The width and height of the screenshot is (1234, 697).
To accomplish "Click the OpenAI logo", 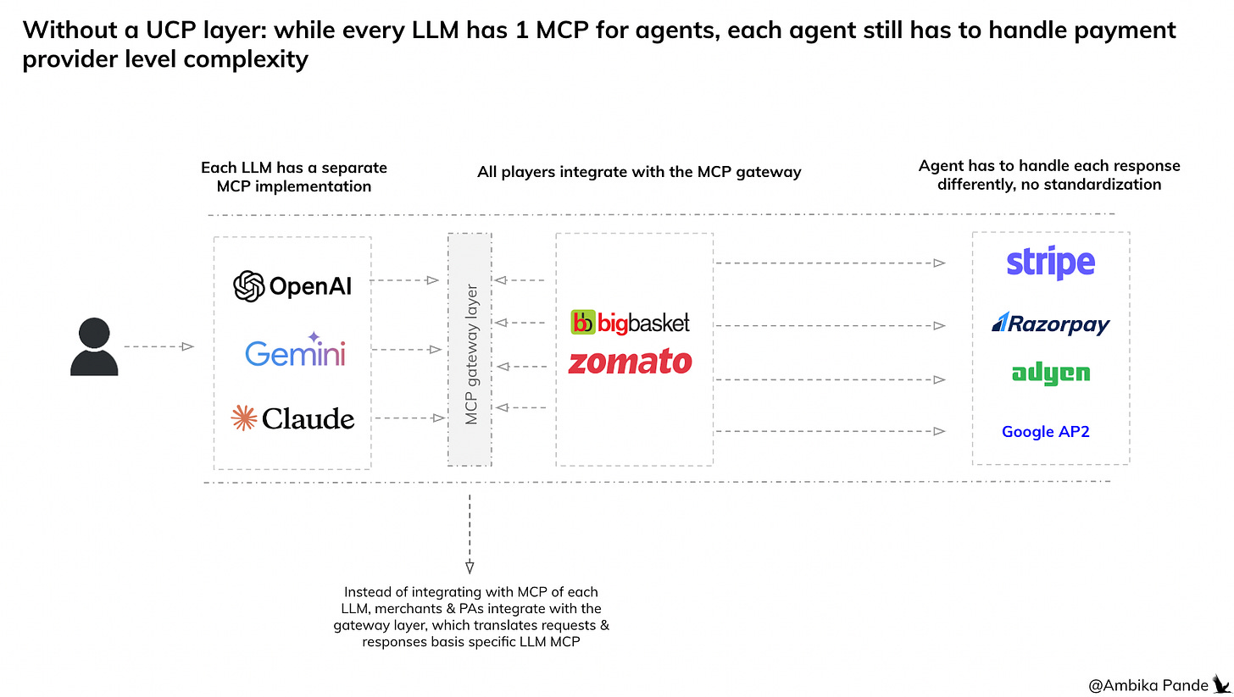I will coord(292,286).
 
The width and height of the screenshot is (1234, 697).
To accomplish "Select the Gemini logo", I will coord(295,352).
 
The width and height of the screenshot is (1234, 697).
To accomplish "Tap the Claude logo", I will coord(292,418).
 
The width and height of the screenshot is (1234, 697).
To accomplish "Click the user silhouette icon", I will coord(93,347).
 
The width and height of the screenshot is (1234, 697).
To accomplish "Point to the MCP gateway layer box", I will coord(470,348).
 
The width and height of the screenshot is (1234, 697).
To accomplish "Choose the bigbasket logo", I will coord(631,323).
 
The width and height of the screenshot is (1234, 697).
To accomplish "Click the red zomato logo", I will coord(630,362).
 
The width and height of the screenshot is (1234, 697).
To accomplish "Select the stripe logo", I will coord(1050,263).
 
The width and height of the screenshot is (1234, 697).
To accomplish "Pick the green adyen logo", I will coord(1050,373).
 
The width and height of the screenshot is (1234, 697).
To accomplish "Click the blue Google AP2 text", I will coord(1045,432).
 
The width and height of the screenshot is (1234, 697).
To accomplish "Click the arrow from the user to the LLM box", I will coord(159,346).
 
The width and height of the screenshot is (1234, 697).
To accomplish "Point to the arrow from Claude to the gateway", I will coord(409,418).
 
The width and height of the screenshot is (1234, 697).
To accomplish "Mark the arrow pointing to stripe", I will coord(831,263).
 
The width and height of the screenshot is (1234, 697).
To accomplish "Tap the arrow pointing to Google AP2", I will coord(831,432).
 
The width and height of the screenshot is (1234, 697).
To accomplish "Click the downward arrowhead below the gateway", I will coord(470,567).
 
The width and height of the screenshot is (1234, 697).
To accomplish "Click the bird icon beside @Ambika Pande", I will coord(1220,682).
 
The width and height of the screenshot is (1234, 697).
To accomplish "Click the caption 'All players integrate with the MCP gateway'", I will coord(639,172).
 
